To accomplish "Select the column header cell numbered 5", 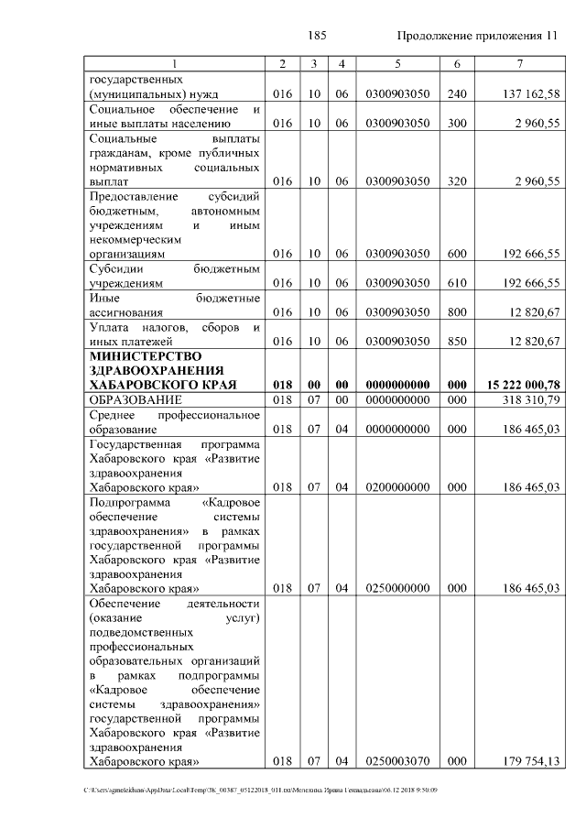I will [x=397, y=63].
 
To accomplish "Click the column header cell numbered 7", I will [x=519, y=63].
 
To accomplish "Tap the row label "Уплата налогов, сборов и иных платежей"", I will [x=174, y=334].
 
